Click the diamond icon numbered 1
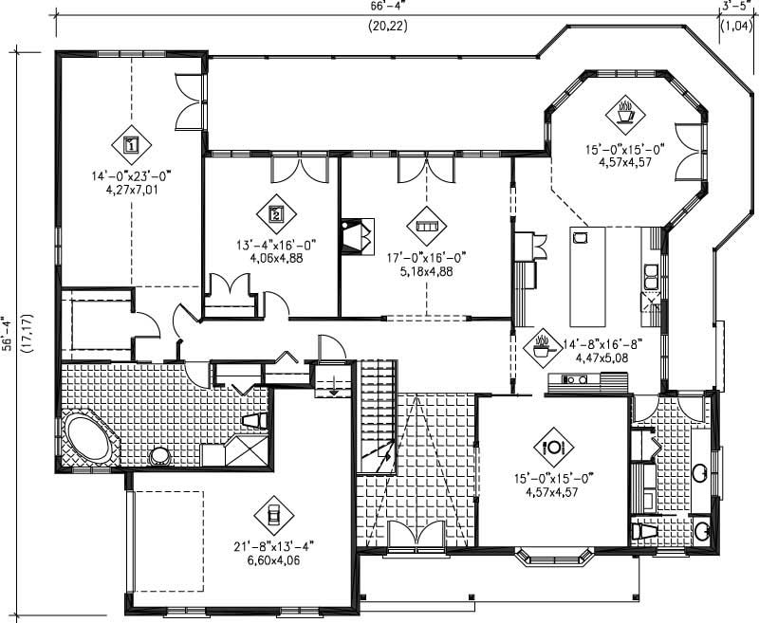132,145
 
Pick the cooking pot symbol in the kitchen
544,342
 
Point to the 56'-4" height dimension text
9,335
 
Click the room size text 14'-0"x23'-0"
132,175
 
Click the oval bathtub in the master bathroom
88,439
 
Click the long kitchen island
581,276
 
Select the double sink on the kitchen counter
654,276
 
